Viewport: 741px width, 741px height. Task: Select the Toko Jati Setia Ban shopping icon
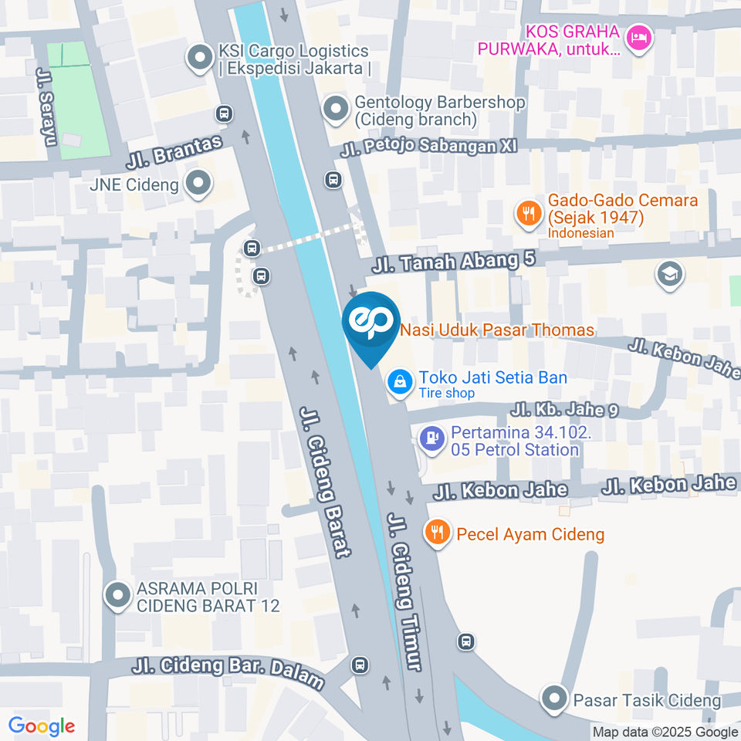tap(400, 380)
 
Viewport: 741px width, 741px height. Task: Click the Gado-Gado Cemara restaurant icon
tap(528, 212)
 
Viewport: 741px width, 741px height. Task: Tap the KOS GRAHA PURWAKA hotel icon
tap(638, 37)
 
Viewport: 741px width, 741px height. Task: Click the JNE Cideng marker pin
tap(199, 184)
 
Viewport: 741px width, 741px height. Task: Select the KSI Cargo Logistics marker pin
tap(201, 58)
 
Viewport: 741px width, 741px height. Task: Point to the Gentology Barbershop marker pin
tap(336, 110)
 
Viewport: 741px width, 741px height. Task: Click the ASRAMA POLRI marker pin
tap(117, 596)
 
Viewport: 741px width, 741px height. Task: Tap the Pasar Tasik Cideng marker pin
tap(554, 699)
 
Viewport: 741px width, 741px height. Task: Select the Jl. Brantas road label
tap(174, 153)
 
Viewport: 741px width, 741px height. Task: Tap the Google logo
tap(42, 726)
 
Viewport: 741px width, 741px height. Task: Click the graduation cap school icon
tap(668, 274)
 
